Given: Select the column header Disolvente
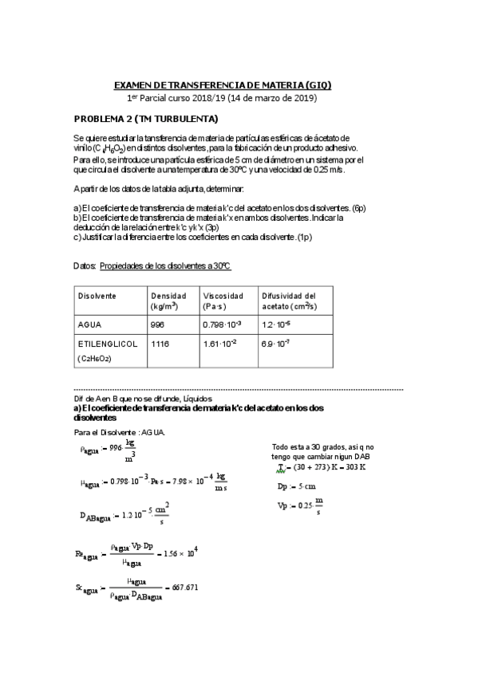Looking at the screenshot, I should point(97,295).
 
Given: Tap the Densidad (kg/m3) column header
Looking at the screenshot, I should point(169,300).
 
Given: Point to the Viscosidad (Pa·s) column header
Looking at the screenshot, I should point(223,300).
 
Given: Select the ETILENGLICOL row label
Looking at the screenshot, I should point(108,344).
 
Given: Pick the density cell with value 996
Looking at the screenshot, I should point(157,325).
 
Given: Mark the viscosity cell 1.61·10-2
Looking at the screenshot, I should point(220,344).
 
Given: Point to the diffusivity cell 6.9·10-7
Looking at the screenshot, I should point(275,344).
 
